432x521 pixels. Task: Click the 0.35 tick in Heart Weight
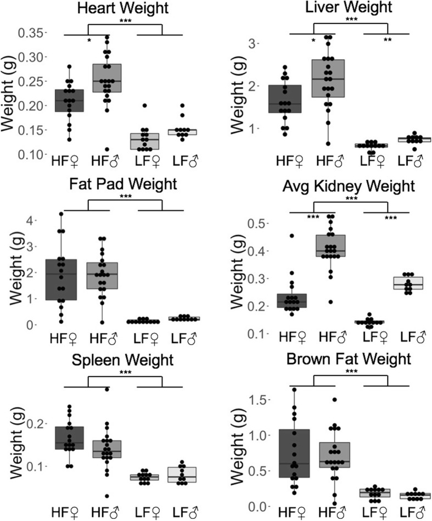pos(34,34)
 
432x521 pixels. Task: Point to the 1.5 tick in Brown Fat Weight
pos(262,400)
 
